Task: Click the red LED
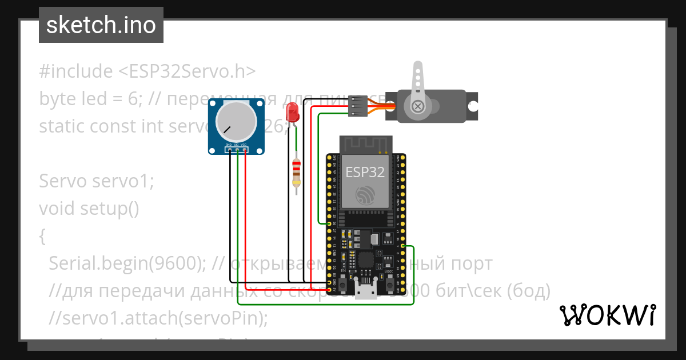tap(293, 111)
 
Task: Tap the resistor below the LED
tap(296, 173)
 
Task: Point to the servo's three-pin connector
tap(357, 106)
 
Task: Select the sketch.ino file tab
tap(101, 25)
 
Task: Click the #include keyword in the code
tap(76, 71)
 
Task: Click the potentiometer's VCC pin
tap(244, 149)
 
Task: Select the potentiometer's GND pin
tap(229, 149)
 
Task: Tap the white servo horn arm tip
tap(417, 67)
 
